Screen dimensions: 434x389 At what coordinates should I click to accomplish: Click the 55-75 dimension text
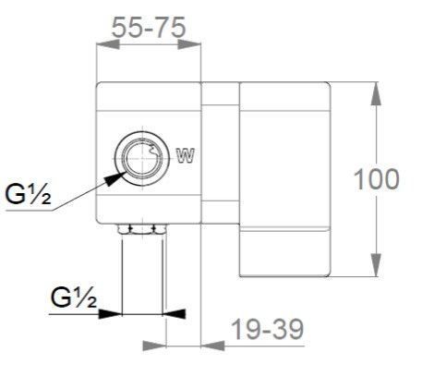(x=149, y=28)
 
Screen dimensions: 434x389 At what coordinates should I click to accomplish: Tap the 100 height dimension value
(x=377, y=179)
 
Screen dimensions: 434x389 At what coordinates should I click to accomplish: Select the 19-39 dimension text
(x=267, y=329)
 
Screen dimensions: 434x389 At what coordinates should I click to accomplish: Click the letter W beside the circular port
(x=186, y=155)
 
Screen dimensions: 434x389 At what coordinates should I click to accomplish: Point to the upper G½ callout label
(x=28, y=195)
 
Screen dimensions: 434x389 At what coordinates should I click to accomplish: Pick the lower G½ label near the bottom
(x=74, y=298)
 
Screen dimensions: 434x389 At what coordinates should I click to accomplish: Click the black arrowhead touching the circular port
(x=115, y=178)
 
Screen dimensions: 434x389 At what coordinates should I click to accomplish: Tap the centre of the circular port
(x=142, y=159)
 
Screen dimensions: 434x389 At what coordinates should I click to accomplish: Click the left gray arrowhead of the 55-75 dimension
(x=108, y=44)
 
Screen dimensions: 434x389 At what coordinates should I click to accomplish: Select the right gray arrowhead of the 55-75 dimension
(x=189, y=44)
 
